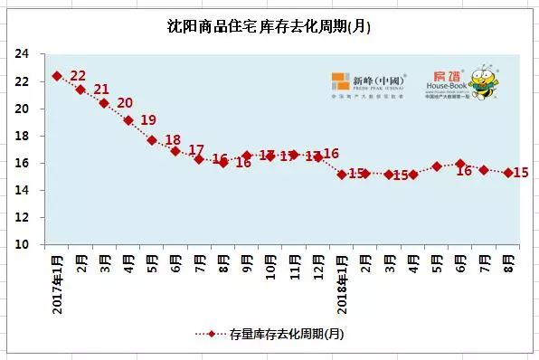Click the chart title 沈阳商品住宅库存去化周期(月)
(x=269, y=27)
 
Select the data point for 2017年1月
(x=57, y=76)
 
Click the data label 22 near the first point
(x=78, y=76)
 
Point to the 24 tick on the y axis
(x=24, y=54)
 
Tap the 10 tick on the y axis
(x=24, y=244)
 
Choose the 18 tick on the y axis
(x=24, y=136)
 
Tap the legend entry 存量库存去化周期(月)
(x=269, y=334)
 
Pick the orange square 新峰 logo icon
(x=340, y=81)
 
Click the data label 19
(x=148, y=120)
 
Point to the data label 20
(x=125, y=103)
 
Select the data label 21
(x=101, y=90)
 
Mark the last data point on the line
(x=507, y=173)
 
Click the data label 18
(x=172, y=140)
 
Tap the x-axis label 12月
(x=318, y=263)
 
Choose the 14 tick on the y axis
(x=24, y=190)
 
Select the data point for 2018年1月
(x=342, y=174)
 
